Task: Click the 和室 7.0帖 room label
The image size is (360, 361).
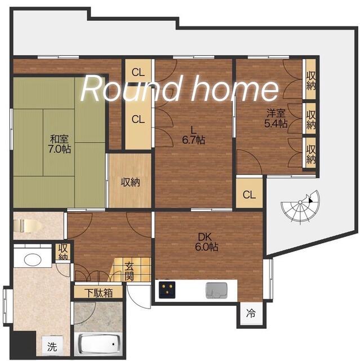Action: (x=59, y=144)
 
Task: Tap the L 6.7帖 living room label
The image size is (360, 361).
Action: (x=194, y=135)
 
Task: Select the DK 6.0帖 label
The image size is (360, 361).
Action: (x=206, y=242)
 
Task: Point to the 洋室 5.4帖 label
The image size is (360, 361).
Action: (x=276, y=118)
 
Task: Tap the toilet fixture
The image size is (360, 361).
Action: (x=27, y=226)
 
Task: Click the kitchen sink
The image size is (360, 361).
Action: (x=216, y=290)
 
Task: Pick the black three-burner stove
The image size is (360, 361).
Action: (x=167, y=289)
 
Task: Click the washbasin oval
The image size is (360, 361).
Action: (x=33, y=259)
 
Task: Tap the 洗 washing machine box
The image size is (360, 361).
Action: (x=52, y=346)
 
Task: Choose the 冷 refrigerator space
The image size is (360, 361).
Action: (x=251, y=313)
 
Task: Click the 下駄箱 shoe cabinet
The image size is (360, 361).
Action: (x=99, y=293)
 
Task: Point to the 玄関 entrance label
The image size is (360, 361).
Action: (x=130, y=272)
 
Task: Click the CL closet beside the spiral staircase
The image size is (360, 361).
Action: (x=249, y=195)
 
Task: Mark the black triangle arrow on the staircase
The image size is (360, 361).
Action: (x=310, y=200)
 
